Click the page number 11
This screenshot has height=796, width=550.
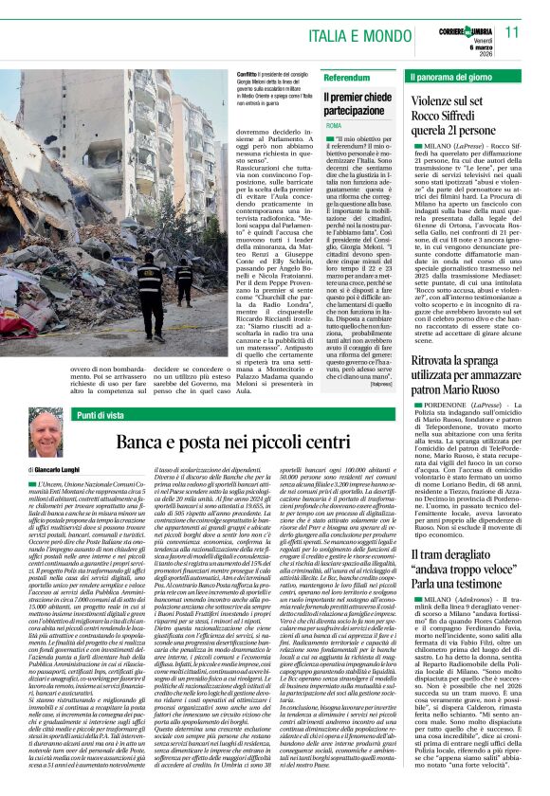512,32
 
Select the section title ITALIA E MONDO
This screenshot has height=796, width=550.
349,34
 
